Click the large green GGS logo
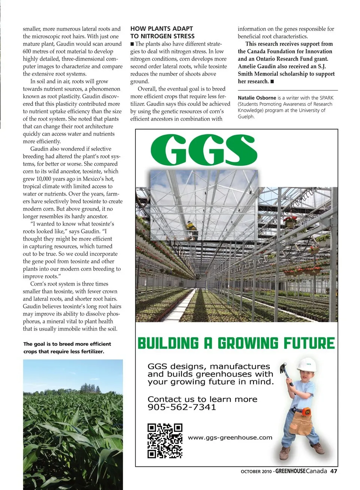(204, 150)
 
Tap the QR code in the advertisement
(165, 441)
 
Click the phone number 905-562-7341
(181, 407)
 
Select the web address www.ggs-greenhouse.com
(230, 437)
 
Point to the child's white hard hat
(307, 365)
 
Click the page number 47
(333, 471)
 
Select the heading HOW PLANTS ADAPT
(162, 29)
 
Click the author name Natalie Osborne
(257, 98)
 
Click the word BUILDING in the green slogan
(168, 343)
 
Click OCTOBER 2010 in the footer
(256, 472)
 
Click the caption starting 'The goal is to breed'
(67, 347)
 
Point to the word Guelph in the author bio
(246, 117)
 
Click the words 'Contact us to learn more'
(202, 399)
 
